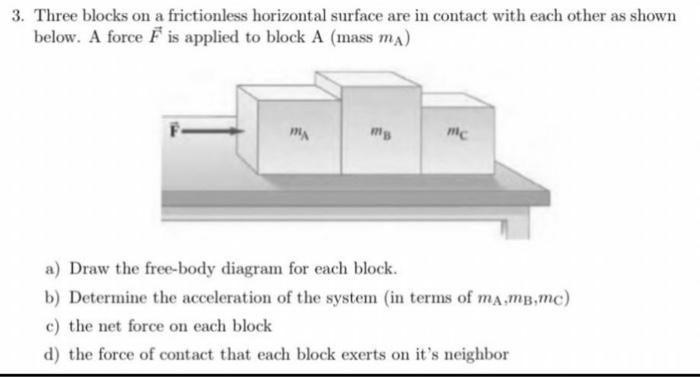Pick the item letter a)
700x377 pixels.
51,271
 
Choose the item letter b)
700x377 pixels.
51,298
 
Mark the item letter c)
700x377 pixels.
51,326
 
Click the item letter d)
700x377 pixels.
51,353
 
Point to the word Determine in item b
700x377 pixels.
104,298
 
